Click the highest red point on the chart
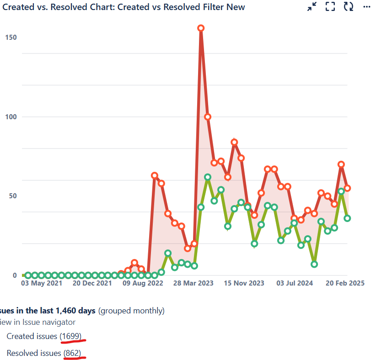pyautogui.click(x=201, y=28)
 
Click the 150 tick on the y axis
pyautogui.click(x=11, y=37)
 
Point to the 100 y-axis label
pyautogui.click(x=11, y=116)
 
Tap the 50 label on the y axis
pyautogui.click(x=12, y=196)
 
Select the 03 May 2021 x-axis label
pyautogui.click(x=42, y=283)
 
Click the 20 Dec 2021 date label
pyautogui.click(x=92, y=283)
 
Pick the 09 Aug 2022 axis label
pyautogui.click(x=143, y=283)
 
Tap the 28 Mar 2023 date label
pyautogui.click(x=193, y=283)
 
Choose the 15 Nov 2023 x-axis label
pyautogui.click(x=244, y=283)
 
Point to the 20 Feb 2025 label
pyautogui.click(x=345, y=283)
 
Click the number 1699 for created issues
pyautogui.click(x=70, y=337)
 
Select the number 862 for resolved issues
pyautogui.click(x=73, y=353)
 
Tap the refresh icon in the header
pyautogui.click(x=349, y=6)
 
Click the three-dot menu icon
pyautogui.click(x=367, y=6)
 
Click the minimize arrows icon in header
pyautogui.click(x=312, y=6)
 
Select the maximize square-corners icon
pyautogui.click(x=330, y=6)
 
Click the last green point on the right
pyautogui.click(x=348, y=218)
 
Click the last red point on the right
pyautogui.click(x=348, y=188)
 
